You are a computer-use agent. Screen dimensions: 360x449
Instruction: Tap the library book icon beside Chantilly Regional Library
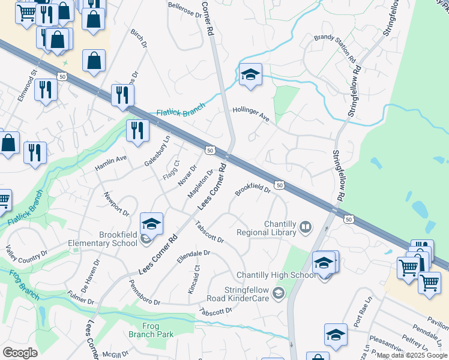pos(306,227)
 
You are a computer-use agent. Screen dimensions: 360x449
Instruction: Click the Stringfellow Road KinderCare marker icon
pos(278,293)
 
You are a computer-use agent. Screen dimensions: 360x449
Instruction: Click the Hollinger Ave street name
pos(252,115)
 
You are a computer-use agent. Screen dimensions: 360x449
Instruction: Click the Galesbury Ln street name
pos(157,151)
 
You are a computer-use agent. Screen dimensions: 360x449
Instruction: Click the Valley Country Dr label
pos(26,253)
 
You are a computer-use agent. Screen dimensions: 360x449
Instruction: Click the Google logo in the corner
pos(20,353)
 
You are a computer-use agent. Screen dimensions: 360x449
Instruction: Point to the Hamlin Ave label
pos(111,163)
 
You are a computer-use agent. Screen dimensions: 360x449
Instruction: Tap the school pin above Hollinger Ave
pos(250,75)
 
